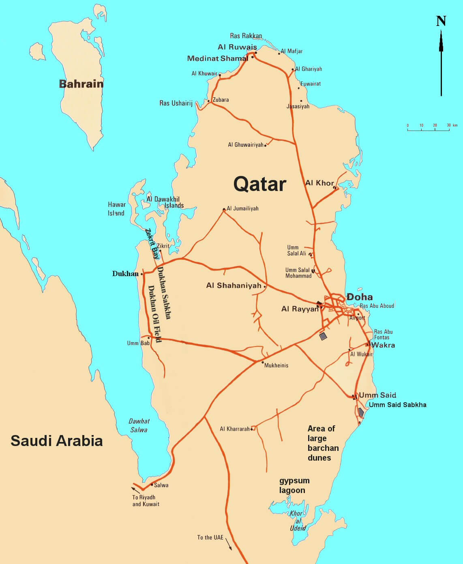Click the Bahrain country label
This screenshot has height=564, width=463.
pyautogui.click(x=81, y=84)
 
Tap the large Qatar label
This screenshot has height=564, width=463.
pyautogui.click(x=260, y=184)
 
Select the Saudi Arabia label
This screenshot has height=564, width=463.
pyautogui.click(x=56, y=441)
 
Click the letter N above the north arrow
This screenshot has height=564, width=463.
pyautogui.click(x=441, y=21)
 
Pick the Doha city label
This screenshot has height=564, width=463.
pyautogui.click(x=360, y=297)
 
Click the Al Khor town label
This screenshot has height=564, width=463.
pyautogui.click(x=319, y=183)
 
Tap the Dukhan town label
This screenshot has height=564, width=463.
pyautogui.click(x=125, y=274)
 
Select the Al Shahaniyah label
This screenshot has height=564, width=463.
pyautogui.click(x=234, y=285)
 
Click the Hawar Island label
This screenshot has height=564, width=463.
pyautogui.click(x=116, y=209)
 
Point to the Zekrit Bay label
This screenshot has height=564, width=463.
pyautogui.click(x=152, y=244)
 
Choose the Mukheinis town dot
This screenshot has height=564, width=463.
pyautogui.click(x=263, y=362)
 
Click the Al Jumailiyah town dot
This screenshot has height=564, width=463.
pyautogui.click(x=224, y=209)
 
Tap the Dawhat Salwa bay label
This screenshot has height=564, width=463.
pyautogui.click(x=139, y=425)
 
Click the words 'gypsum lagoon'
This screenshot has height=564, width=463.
pyautogui.click(x=294, y=485)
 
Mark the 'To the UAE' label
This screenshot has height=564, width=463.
pyautogui.click(x=210, y=538)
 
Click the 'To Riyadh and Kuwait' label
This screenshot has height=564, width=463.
pyautogui.click(x=146, y=501)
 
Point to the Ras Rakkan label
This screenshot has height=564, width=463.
pyautogui.click(x=246, y=36)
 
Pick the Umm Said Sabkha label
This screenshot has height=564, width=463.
pyautogui.click(x=397, y=405)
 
